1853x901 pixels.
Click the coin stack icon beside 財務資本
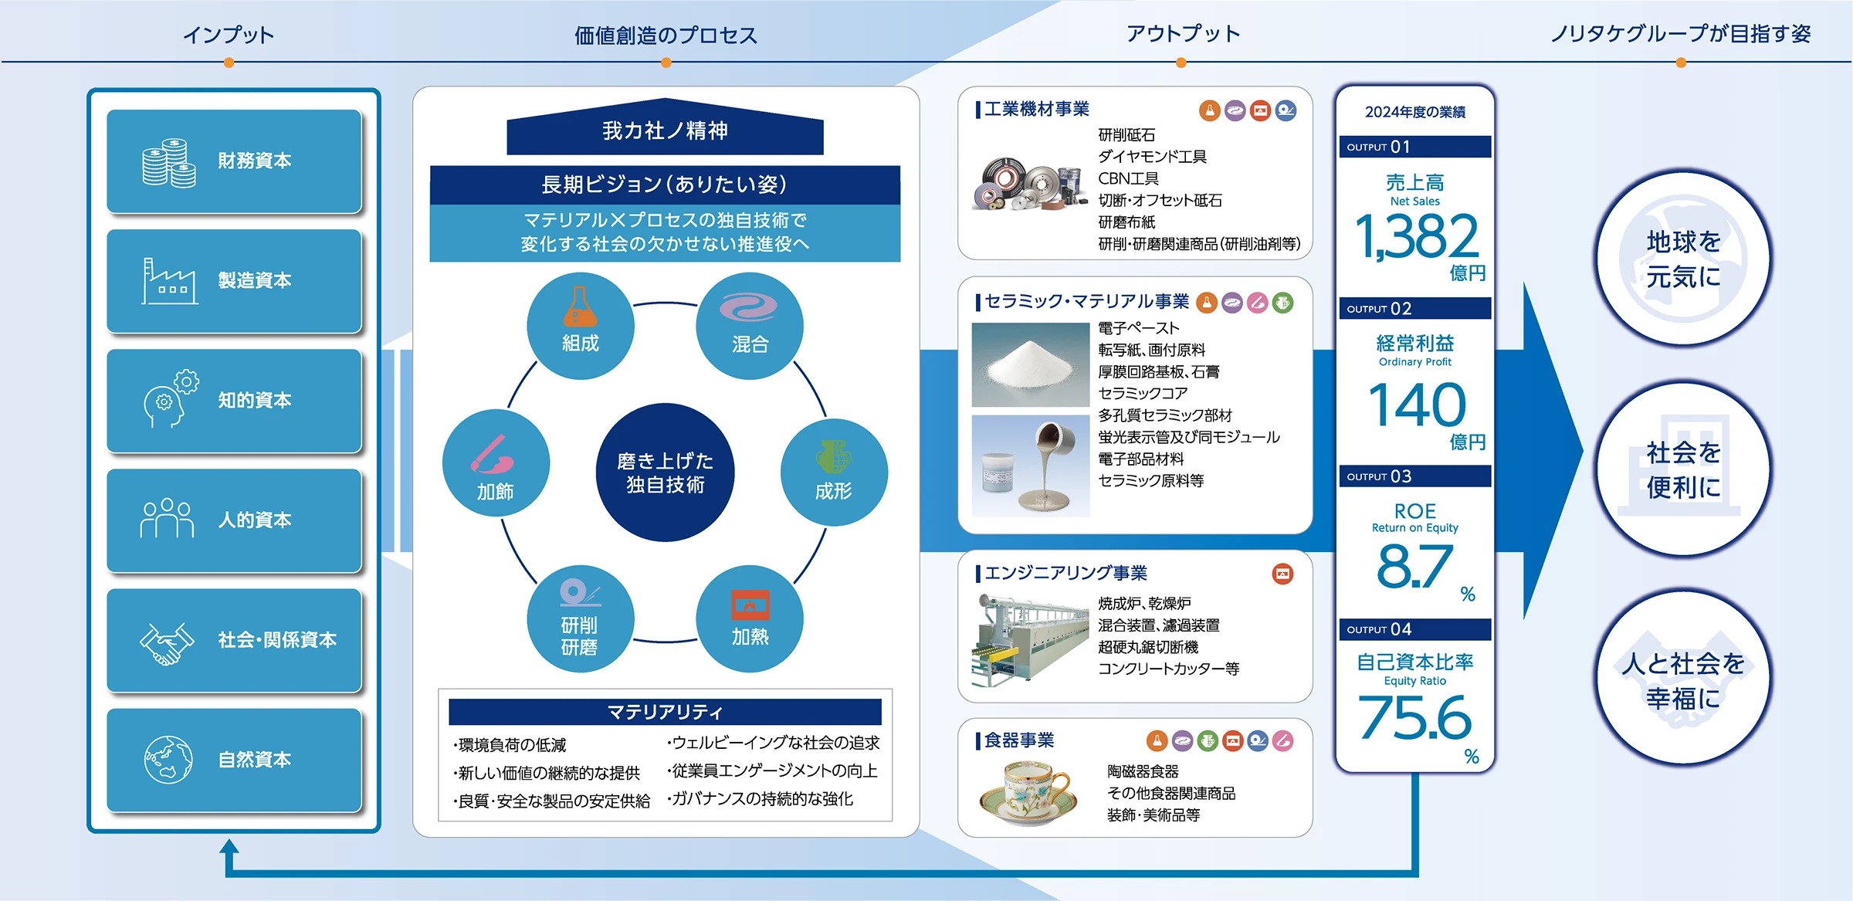pyautogui.click(x=169, y=162)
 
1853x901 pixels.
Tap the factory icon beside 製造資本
pyautogui.click(x=169, y=281)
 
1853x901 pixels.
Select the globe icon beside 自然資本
pyautogui.click(x=168, y=760)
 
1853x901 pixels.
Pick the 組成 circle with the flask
pyautogui.click(x=581, y=326)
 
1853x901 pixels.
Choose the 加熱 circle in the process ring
pyautogui.click(x=750, y=618)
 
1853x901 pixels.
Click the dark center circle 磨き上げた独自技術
pyautogui.click(x=665, y=473)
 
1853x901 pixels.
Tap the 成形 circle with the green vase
pyautogui.click(x=834, y=473)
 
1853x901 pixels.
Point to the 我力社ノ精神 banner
pyautogui.click(x=665, y=127)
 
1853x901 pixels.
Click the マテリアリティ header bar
pyautogui.click(x=665, y=711)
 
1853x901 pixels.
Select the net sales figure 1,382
pyautogui.click(x=1417, y=236)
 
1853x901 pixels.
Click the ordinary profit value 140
pyautogui.click(x=1417, y=405)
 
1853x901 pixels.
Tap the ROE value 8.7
pyautogui.click(x=1414, y=566)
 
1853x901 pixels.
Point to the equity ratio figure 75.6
pyautogui.click(x=1415, y=717)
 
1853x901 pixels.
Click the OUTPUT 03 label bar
pyautogui.click(x=1415, y=476)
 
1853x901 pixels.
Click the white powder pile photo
pyautogui.click(x=1030, y=364)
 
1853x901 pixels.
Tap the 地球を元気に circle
pyautogui.click(x=1684, y=259)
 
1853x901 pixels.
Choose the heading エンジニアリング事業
pyautogui.click(x=1065, y=573)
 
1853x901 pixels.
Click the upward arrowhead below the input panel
pyautogui.click(x=229, y=847)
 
